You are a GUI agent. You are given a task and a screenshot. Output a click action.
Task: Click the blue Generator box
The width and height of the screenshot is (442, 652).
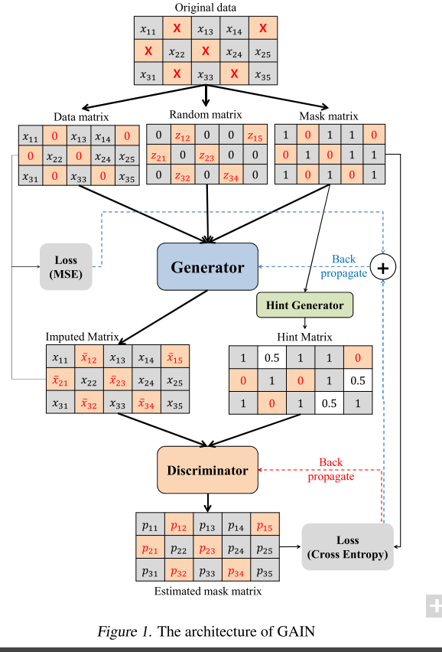tap(207, 266)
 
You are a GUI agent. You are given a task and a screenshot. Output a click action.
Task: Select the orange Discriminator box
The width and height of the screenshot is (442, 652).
tap(207, 470)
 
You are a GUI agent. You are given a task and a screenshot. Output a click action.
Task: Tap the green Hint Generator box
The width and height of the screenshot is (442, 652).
tap(305, 305)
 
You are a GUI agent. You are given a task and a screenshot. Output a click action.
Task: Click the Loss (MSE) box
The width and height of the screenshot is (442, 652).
tap(66, 266)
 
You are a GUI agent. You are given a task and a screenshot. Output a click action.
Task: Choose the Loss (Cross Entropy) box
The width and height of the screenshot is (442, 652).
tap(347, 547)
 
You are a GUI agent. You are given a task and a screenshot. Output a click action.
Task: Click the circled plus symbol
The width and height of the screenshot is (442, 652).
tap(382, 267)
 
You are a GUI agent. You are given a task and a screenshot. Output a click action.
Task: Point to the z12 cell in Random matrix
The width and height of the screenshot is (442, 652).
tap(182, 135)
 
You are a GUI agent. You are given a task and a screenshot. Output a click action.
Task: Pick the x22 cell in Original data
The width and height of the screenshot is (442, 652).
tap(177, 51)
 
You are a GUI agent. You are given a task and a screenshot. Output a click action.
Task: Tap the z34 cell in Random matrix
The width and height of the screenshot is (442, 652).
tap(231, 175)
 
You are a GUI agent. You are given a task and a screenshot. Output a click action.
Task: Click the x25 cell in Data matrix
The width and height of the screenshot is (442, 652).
tap(127, 156)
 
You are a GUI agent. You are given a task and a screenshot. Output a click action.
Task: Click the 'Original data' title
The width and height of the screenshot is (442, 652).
tap(205, 8)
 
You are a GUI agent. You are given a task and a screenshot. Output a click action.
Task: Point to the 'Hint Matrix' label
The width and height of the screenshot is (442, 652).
tap(304, 337)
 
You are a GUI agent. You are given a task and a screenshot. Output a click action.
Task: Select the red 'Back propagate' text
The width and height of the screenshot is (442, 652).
tap(331, 469)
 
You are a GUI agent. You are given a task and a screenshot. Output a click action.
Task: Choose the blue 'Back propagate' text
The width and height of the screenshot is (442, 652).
tap(344, 266)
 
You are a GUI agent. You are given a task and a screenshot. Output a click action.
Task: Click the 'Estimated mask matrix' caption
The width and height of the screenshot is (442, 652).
tap(208, 591)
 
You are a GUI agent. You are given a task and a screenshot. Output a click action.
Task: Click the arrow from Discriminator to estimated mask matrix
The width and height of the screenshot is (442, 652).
tap(208, 503)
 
